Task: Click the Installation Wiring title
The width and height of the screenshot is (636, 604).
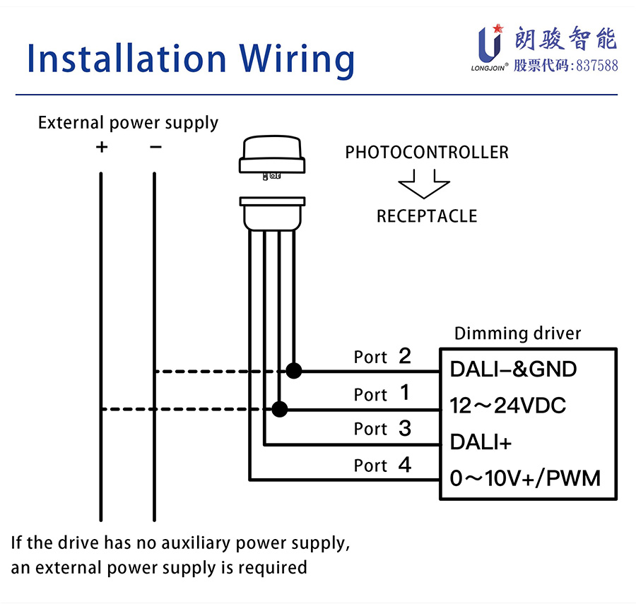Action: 191,58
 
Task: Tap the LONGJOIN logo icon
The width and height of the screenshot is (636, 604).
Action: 489,42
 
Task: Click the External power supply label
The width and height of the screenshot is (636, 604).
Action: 128,123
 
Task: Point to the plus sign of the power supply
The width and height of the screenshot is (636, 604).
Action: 102,147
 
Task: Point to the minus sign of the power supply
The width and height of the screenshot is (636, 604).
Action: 155,147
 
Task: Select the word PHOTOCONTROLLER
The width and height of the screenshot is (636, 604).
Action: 427,152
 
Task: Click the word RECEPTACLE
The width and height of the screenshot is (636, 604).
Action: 427,216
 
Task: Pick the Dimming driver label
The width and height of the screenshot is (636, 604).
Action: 517,333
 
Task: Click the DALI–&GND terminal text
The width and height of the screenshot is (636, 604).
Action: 513,369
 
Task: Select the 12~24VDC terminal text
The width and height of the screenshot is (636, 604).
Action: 508,406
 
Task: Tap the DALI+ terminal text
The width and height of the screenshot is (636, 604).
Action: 481,442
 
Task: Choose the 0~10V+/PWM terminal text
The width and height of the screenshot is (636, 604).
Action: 525,479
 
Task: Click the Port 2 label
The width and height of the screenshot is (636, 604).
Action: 382,357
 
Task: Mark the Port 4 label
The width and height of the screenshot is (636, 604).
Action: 382,466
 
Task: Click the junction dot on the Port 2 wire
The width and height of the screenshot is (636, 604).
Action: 294,370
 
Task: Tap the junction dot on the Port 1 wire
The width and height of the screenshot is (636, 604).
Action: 280,408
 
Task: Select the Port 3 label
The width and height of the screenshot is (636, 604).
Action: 382,429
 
